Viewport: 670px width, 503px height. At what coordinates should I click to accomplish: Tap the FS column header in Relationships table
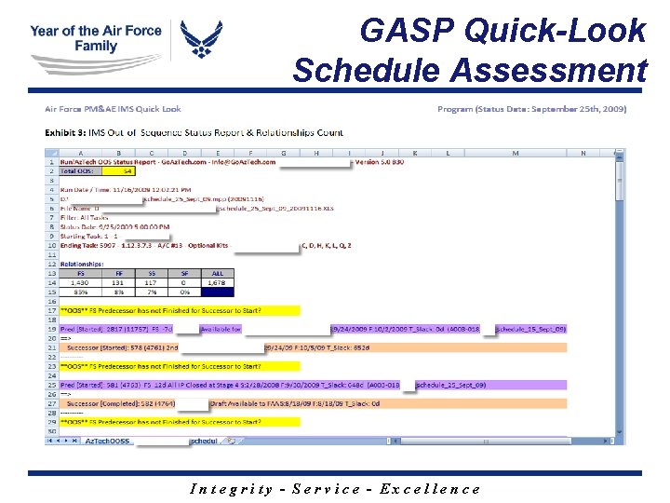pyautogui.click(x=85, y=274)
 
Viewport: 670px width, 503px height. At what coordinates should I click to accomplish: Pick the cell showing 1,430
pyautogui.click(x=85, y=282)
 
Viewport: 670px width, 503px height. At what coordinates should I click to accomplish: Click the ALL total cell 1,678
pyautogui.click(x=217, y=282)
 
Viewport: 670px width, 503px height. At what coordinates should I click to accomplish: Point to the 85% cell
pyautogui.click(x=85, y=292)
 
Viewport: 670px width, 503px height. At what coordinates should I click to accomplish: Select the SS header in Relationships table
pyautogui.click(x=151, y=274)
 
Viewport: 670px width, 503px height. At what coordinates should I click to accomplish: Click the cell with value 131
pyautogui.click(x=118, y=282)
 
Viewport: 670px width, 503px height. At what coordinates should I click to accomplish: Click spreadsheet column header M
pyautogui.click(x=516, y=153)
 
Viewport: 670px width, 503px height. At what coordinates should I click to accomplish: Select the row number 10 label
pyautogui.click(x=52, y=246)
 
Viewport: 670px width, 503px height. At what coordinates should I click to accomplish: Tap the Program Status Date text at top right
pyautogui.click(x=531, y=109)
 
